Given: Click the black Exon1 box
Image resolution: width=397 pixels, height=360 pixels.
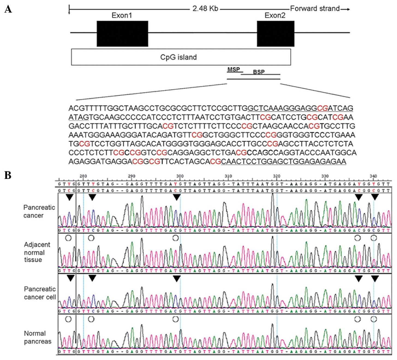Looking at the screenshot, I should pos(122,34).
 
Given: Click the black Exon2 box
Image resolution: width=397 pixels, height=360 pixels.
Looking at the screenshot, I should pos(276,34).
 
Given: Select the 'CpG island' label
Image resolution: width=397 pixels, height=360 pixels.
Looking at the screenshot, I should pos(178,57).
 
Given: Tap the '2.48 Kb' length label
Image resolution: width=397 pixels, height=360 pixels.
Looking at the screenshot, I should pos(205,8).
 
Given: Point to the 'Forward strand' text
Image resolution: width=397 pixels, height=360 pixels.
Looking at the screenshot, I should pos(315,8).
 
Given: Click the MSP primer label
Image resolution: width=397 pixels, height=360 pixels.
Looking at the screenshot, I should pos(234,70).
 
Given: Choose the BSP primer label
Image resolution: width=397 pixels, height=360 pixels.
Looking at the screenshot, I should pos(259,72).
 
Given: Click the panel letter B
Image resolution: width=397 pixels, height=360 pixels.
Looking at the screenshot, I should pos(8,175).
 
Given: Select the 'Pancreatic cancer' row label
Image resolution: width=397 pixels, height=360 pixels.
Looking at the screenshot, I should pos(39,211).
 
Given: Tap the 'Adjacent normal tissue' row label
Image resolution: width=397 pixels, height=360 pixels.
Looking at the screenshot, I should pos(37,252).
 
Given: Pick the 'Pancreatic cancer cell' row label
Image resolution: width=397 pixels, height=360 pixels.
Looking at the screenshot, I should pos(40,293).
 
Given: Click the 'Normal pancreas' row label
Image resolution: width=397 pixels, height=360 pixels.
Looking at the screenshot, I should pos(37,337).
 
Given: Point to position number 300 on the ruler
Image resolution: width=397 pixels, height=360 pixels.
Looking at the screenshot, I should pos(180,176).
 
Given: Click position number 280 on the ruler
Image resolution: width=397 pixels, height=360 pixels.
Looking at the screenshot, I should pos(83,176).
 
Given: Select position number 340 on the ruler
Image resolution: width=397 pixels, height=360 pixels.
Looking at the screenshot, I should pos(373,176).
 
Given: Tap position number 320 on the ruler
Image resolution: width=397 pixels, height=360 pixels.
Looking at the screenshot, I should pos(276,176).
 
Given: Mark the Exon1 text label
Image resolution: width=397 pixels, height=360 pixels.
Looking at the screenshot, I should pos(122,16).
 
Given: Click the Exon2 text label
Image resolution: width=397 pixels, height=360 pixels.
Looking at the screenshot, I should pos(275,16).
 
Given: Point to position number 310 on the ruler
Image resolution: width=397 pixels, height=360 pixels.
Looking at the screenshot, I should pos(228,176).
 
